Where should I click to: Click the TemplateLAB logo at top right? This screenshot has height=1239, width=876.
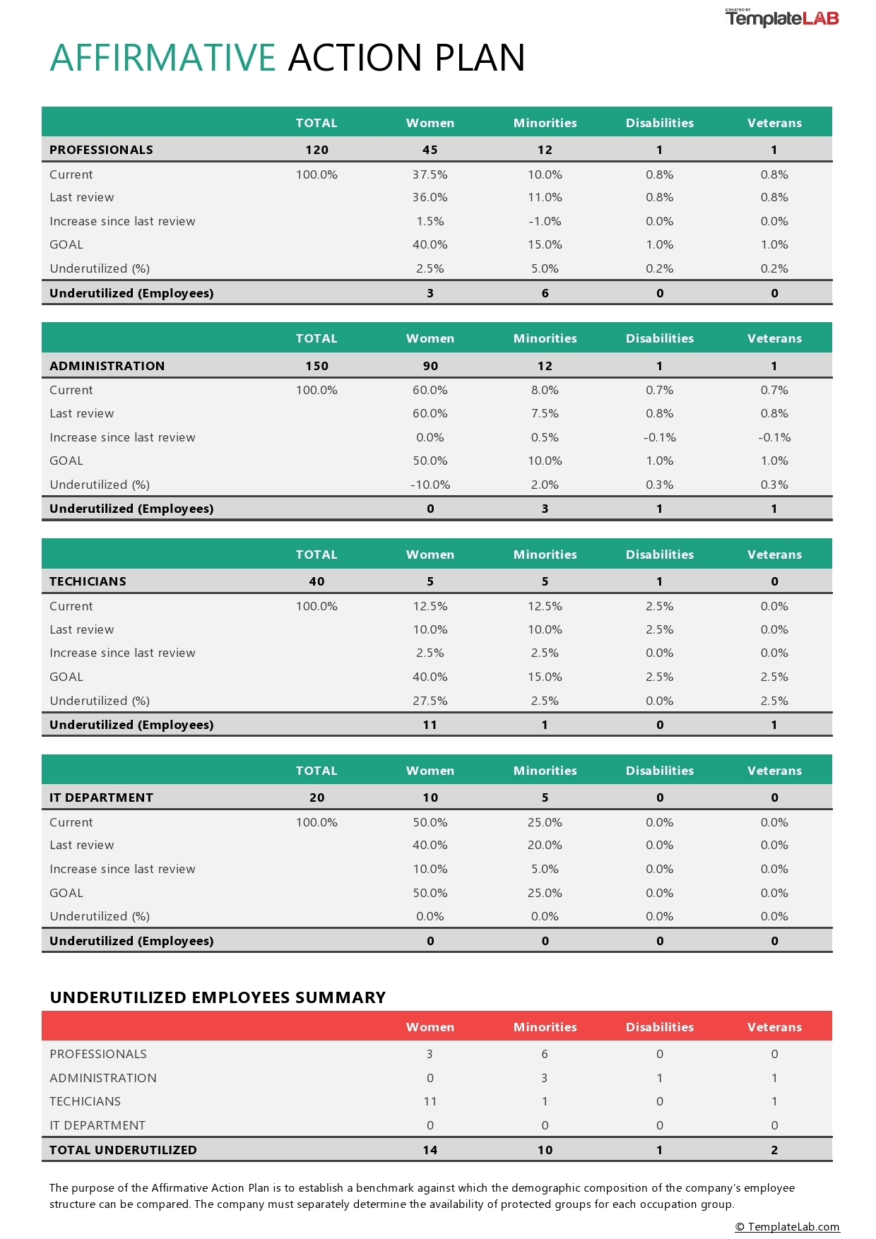click(782, 18)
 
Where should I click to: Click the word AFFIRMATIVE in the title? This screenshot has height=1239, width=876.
click(162, 58)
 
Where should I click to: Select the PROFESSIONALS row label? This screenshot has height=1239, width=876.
click(101, 150)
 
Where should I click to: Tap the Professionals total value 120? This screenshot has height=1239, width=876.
click(316, 150)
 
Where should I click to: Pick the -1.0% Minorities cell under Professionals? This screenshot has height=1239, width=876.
click(545, 221)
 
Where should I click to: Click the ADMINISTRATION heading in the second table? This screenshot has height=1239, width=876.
click(107, 366)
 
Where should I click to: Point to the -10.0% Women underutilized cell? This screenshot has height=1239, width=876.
click(430, 485)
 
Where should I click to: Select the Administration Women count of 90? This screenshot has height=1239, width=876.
click(430, 366)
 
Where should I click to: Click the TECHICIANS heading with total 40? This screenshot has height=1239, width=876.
click(88, 581)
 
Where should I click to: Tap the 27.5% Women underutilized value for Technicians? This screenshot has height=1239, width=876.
click(430, 701)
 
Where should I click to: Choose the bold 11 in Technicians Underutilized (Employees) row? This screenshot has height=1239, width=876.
click(430, 725)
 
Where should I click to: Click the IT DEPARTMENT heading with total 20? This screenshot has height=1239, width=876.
click(101, 798)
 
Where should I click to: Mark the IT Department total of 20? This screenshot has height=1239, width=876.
click(316, 798)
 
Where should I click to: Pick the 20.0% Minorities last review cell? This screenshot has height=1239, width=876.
click(545, 845)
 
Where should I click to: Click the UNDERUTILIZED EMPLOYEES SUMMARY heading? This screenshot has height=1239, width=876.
click(218, 997)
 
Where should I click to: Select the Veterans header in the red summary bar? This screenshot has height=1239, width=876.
click(774, 1027)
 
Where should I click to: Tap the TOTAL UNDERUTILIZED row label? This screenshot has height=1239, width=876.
click(123, 1150)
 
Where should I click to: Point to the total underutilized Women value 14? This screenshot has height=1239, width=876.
click(430, 1150)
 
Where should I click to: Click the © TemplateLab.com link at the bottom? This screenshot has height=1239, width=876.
click(787, 1227)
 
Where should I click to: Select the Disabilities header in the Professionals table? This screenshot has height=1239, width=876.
click(659, 123)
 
